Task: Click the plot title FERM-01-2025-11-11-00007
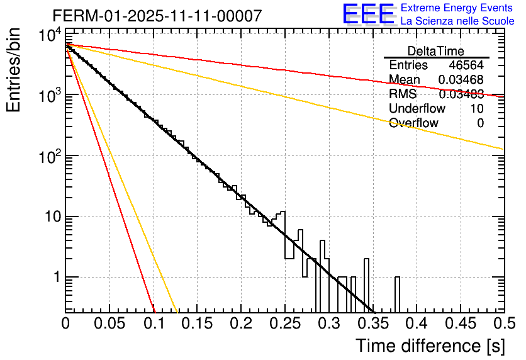[x=157, y=16]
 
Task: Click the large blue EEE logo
[x=368, y=15]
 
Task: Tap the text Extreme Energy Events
[x=457, y=8]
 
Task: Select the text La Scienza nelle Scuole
[x=457, y=21]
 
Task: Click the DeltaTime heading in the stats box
[x=436, y=51]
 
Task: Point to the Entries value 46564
[x=466, y=65]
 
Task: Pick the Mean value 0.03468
[x=461, y=80]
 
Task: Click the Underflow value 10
[x=477, y=109]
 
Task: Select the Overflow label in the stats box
[x=413, y=123]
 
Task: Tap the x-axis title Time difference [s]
[x=430, y=346]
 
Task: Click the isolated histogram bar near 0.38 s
[x=397, y=294]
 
